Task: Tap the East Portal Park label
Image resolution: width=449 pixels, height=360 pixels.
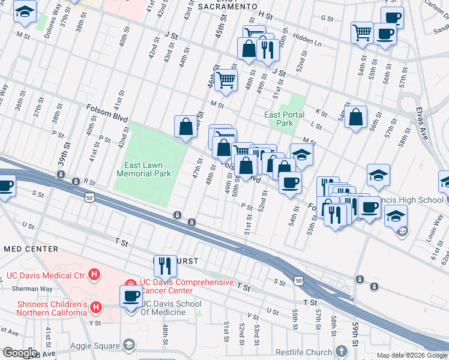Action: click(285, 119)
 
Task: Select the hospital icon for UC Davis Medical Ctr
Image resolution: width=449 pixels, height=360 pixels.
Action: click(94, 275)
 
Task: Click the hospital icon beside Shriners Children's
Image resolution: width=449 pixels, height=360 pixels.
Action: click(95, 308)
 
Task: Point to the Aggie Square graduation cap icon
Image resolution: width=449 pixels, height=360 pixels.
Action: click(128, 344)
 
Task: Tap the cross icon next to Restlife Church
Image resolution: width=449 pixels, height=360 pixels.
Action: click(342, 352)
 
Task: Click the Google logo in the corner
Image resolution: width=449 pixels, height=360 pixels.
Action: click(20, 353)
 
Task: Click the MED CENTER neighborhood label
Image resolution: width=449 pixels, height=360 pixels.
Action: click(31, 249)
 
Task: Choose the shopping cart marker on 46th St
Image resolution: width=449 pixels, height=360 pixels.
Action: click(226, 80)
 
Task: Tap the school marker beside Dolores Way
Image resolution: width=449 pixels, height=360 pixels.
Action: click(25, 11)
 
